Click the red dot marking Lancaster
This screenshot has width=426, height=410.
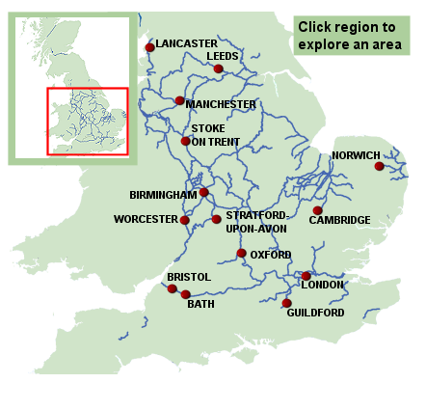[149, 47]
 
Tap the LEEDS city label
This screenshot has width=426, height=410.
[223, 57]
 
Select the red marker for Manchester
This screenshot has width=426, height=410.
[180, 100]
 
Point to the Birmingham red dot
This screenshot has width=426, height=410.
[203, 192]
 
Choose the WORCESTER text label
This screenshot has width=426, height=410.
[146, 219]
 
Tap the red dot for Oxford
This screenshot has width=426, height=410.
[241, 254]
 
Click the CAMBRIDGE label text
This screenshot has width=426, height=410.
[339, 220]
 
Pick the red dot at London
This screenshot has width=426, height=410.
[306, 276]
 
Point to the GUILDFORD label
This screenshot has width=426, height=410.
[315, 313]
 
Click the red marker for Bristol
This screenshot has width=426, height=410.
[173, 288]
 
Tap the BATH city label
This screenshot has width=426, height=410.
[200, 305]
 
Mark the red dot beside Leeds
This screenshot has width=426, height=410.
[219, 69]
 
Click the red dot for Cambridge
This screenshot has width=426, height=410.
[318, 209]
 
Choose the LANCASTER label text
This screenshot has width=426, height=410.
[186, 43]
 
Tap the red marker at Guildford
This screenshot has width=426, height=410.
[286, 303]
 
